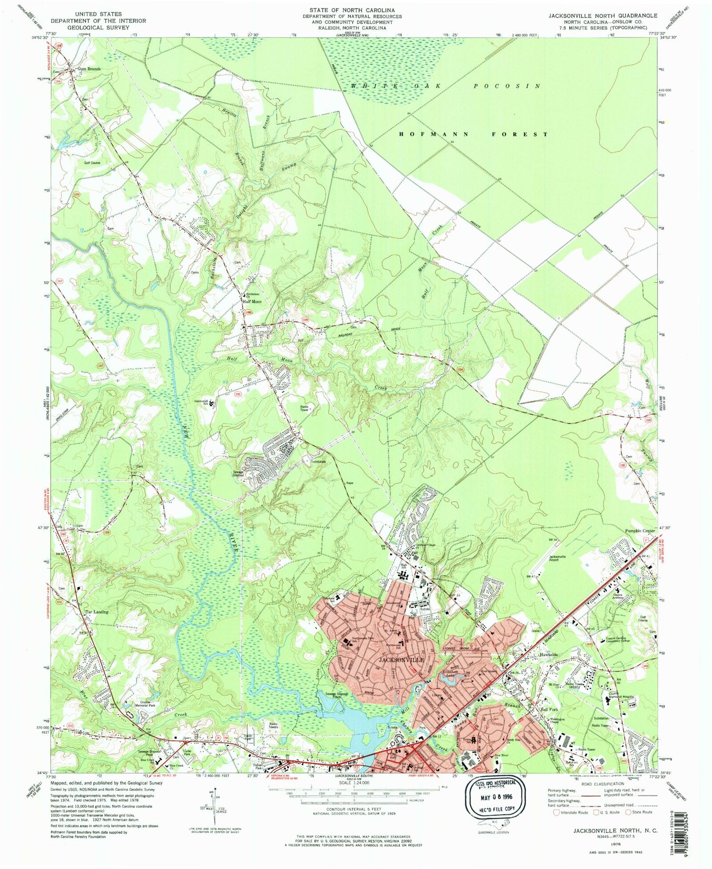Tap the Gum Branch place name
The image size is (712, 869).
coord(89,69)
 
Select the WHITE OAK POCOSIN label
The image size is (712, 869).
coord(445,86)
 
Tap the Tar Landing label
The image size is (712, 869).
coord(96,612)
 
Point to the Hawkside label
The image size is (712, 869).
coord(549,655)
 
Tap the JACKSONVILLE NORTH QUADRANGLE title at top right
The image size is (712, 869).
coord(602,16)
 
